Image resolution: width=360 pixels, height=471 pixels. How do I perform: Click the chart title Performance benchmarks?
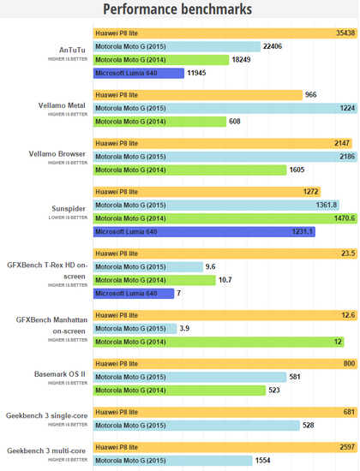177,9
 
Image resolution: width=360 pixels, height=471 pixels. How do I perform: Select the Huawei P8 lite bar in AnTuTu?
225,33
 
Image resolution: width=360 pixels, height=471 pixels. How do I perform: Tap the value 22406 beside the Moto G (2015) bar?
273,46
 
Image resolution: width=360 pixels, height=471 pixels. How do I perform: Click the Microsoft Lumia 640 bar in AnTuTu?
139,74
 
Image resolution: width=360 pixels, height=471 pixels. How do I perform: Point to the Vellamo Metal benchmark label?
62,105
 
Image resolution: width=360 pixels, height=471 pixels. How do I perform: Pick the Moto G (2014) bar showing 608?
159,122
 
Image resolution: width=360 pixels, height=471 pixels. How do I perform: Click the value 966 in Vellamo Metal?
310,95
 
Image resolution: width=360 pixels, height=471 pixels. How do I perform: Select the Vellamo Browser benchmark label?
57,154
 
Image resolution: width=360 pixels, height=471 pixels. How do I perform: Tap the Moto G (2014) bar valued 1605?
189,170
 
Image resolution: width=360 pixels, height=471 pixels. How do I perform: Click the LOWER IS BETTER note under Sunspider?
68,218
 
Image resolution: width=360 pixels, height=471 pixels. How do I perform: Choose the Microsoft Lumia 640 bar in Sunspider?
204,232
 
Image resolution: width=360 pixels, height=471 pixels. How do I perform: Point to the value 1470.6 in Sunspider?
345,218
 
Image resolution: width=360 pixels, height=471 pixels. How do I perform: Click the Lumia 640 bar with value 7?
134,294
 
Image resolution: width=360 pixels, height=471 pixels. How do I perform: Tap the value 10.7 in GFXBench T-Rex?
225,280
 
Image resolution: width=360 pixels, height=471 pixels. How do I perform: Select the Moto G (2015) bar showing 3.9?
135,329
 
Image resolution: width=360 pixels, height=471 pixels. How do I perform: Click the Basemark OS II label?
60,374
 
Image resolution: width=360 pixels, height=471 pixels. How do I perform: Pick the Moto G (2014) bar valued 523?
179,391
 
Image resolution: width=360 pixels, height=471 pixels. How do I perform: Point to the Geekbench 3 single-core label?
46,415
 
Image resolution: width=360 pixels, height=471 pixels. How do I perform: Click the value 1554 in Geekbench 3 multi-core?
263,461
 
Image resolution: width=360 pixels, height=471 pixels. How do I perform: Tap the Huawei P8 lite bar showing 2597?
225,447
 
